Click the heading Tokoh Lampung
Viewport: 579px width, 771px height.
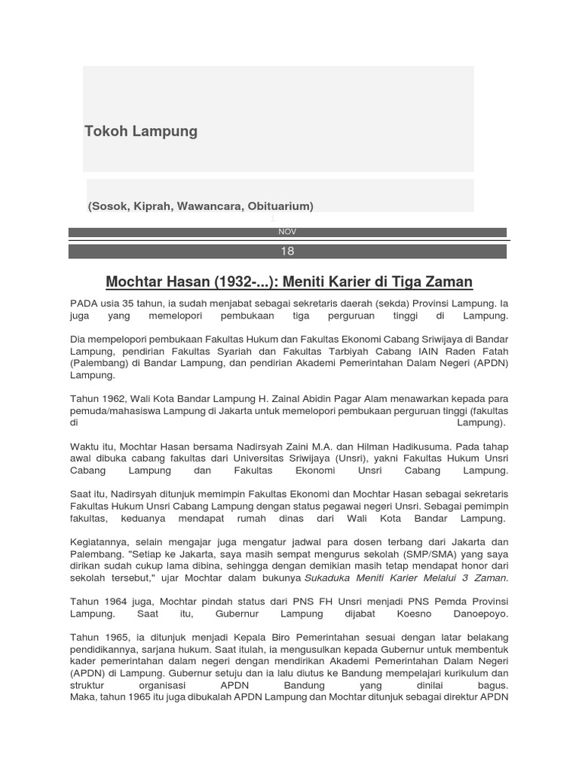[x=141, y=131]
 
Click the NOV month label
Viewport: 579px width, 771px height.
[x=287, y=232]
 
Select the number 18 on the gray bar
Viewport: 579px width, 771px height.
[x=287, y=251]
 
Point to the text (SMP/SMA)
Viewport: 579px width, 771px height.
[x=432, y=554]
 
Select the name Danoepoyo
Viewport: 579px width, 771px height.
[x=480, y=614]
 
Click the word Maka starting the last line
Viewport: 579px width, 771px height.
[x=82, y=698]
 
